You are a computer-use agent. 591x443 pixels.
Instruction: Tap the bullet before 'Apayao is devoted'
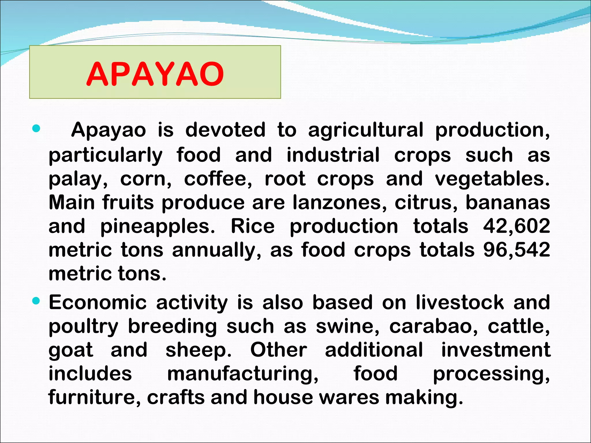(x=36, y=128)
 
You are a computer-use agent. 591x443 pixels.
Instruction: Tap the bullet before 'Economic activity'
(x=36, y=301)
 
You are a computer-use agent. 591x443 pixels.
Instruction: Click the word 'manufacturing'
(x=243, y=374)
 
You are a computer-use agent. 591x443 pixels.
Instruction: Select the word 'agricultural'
(x=366, y=130)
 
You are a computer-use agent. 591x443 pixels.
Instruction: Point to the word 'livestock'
(x=460, y=303)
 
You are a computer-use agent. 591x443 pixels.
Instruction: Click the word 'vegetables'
(x=492, y=179)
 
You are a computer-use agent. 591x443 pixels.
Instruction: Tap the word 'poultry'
(x=83, y=327)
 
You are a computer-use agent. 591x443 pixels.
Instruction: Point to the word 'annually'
(x=216, y=250)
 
